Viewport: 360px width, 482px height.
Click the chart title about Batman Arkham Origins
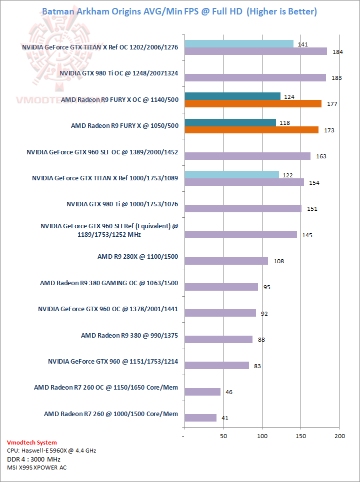coord(179,11)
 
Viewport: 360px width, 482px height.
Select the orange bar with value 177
coord(253,103)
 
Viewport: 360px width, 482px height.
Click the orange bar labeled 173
coord(251,130)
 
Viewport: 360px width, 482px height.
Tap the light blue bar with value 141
coord(239,44)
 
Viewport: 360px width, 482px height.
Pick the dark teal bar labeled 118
coord(230,122)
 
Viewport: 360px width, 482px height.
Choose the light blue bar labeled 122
coord(231,174)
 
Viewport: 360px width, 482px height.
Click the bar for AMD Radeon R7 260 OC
coord(202,392)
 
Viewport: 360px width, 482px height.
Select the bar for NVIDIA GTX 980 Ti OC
coord(255,77)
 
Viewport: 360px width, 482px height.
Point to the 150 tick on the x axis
coord(300,436)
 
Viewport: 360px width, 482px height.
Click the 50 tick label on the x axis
coord(223,436)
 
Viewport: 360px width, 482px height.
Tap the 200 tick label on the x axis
coord(339,436)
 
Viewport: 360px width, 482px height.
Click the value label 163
coord(321,156)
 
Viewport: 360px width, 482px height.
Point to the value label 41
coord(225,418)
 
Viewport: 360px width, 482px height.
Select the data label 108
coord(278,261)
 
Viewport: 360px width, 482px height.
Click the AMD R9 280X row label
coord(137,257)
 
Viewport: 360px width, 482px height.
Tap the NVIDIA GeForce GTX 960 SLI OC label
coord(102,152)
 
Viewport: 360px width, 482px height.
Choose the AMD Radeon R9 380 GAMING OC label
coord(109,283)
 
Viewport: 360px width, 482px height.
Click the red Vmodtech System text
coord(32,443)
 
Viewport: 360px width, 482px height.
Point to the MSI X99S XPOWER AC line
coord(36,468)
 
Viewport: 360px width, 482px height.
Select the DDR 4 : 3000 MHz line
coord(33,459)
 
